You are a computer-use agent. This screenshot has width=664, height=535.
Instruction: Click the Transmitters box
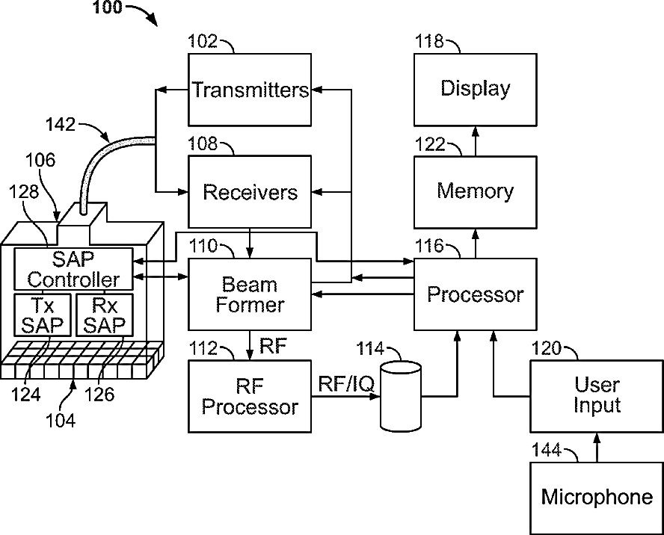point(250,90)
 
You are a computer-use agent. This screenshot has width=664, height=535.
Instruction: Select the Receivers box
point(250,192)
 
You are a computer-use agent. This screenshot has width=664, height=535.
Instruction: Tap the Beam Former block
point(250,294)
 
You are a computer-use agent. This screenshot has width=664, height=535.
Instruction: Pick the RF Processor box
point(250,396)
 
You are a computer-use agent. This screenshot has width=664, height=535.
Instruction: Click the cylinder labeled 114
point(401,396)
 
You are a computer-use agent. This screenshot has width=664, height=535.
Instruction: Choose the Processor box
point(475,294)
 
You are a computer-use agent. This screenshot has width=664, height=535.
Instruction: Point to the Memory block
point(475,191)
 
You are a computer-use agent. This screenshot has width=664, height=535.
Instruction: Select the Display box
point(475,89)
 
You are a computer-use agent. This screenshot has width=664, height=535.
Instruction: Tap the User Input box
point(597,396)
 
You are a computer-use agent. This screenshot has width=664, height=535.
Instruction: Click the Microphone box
point(597,498)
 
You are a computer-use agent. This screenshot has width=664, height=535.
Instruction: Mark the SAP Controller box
point(73,269)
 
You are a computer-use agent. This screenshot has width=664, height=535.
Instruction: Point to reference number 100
point(111,9)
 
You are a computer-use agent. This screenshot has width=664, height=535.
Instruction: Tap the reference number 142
point(61,124)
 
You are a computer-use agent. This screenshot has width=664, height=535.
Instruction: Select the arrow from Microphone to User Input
point(597,448)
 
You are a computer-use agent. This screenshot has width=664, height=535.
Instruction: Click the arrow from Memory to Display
point(475,140)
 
